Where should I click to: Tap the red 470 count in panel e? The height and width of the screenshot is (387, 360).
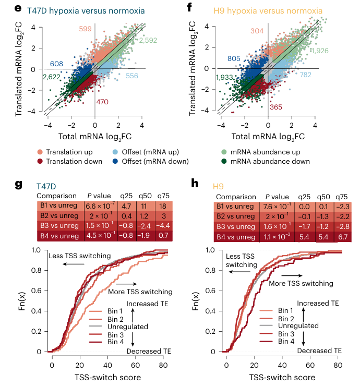pos(102,102)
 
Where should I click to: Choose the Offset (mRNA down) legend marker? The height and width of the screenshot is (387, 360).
pos(116,161)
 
